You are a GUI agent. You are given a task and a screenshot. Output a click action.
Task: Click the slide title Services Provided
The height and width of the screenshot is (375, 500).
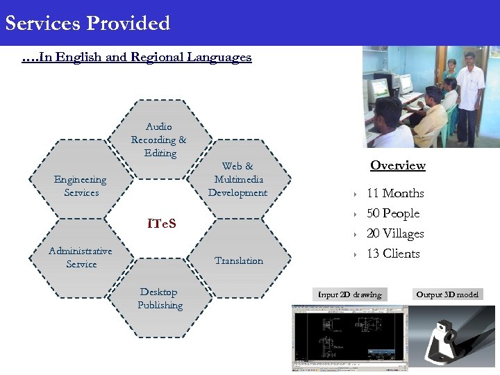[87, 23]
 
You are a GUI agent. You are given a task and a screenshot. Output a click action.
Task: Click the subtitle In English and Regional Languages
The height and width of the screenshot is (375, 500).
[136, 58]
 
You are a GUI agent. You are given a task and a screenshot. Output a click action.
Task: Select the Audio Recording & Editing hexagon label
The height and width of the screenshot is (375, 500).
[159, 140]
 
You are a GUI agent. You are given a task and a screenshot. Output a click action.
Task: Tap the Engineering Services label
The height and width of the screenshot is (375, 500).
[81, 186]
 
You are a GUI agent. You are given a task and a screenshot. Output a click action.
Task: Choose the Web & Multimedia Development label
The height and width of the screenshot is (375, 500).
[237, 179]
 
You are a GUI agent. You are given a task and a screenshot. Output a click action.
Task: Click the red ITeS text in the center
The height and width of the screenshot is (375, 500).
[161, 224]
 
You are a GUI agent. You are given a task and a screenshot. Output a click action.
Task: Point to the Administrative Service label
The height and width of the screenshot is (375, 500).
[81, 257]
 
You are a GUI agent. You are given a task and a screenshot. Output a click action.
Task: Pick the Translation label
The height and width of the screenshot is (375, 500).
[238, 260]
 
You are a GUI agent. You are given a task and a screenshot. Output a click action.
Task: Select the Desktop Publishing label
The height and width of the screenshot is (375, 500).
[160, 299]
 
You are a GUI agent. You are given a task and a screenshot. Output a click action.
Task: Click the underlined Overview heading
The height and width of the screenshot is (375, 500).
[397, 165]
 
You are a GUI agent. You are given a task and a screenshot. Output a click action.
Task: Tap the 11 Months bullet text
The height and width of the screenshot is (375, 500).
[394, 193]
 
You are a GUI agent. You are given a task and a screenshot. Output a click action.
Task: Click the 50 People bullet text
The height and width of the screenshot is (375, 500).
[392, 213]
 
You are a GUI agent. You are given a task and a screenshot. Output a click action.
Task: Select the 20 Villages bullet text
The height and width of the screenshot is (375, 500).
[394, 233]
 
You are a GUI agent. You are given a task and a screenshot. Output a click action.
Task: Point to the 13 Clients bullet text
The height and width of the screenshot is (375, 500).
[392, 253]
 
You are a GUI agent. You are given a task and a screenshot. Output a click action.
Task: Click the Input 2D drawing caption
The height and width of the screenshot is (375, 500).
[350, 294]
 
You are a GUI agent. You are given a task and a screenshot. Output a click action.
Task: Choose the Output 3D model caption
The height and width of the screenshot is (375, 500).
[447, 294]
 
